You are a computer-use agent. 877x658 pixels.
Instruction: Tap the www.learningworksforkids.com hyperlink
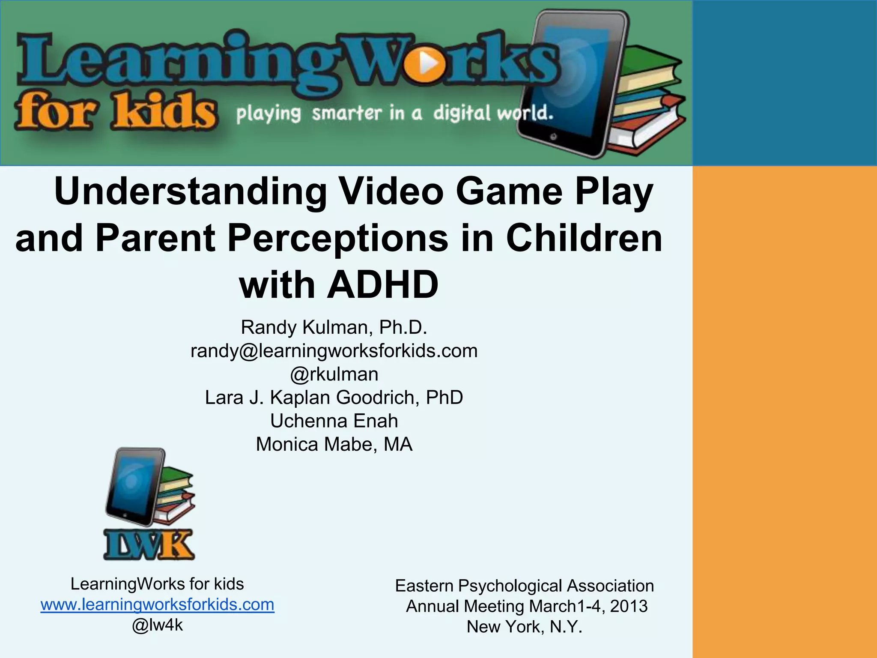157,604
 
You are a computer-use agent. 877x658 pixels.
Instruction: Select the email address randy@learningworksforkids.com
334,351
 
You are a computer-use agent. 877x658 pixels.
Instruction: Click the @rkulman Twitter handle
334,374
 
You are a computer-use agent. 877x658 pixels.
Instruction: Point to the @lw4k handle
157,625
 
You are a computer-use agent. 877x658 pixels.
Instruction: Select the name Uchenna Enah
334,421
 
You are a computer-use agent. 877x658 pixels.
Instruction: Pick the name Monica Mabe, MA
334,444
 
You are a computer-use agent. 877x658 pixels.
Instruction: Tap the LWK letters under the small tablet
149,545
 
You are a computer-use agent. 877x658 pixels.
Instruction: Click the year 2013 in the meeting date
629,606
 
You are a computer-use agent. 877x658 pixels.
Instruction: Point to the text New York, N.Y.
524,627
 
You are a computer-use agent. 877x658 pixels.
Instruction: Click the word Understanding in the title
191,191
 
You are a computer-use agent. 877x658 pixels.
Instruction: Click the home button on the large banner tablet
553,137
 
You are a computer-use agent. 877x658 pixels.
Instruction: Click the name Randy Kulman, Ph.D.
334,328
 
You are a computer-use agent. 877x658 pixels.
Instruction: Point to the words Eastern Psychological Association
524,586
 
